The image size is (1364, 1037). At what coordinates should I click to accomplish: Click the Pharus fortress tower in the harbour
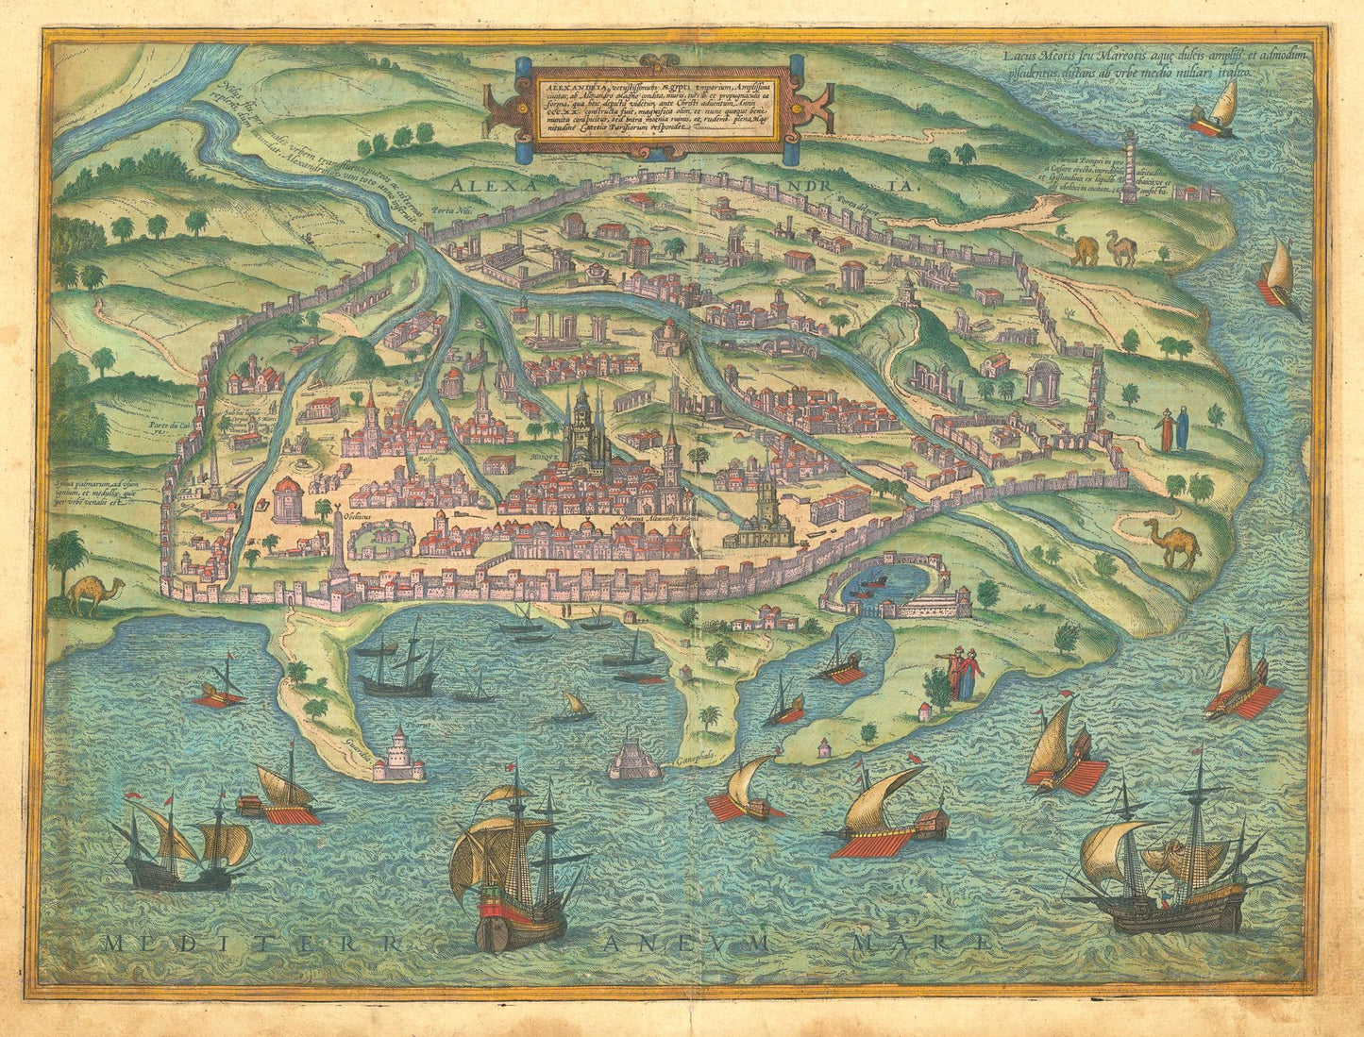click(x=397, y=755)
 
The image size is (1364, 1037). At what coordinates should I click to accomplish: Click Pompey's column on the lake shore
click(x=1129, y=167)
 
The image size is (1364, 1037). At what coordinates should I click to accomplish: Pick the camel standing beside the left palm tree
click(x=94, y=594)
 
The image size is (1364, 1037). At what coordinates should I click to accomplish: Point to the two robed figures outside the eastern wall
click(x=1173, y=429)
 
